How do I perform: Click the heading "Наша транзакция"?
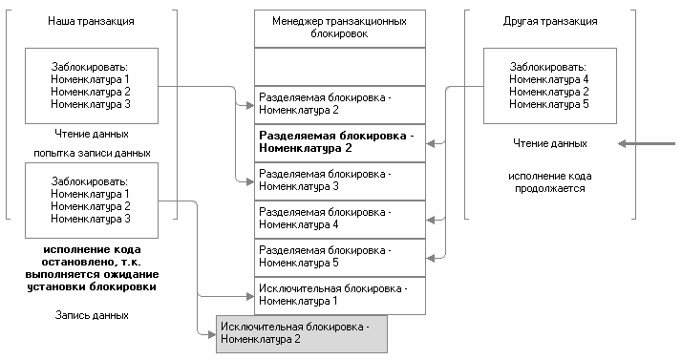click(x=91, y=20)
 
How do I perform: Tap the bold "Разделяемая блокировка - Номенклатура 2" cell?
click(x=339, y=142)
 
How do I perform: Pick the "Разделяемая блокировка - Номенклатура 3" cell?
click(x=339, y=180)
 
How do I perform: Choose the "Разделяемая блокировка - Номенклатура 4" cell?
click(x=339, y=219)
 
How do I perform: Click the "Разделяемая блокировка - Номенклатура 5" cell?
click(x=339, y=257)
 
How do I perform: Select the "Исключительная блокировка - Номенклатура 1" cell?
click(x=339, y=294)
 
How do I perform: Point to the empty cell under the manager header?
click(x=339, y=67)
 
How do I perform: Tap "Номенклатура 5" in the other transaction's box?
click(x=549, y=103)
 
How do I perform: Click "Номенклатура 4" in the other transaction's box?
click(x=549, y=79)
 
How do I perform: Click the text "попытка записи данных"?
click(x=92, y=153)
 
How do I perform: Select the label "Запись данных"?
click(x=92, y=314)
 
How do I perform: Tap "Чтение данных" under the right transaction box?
click(x=548, y=143)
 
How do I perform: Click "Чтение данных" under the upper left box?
click(x=92, y=134)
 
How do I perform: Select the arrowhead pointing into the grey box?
click(x=211, y=332)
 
